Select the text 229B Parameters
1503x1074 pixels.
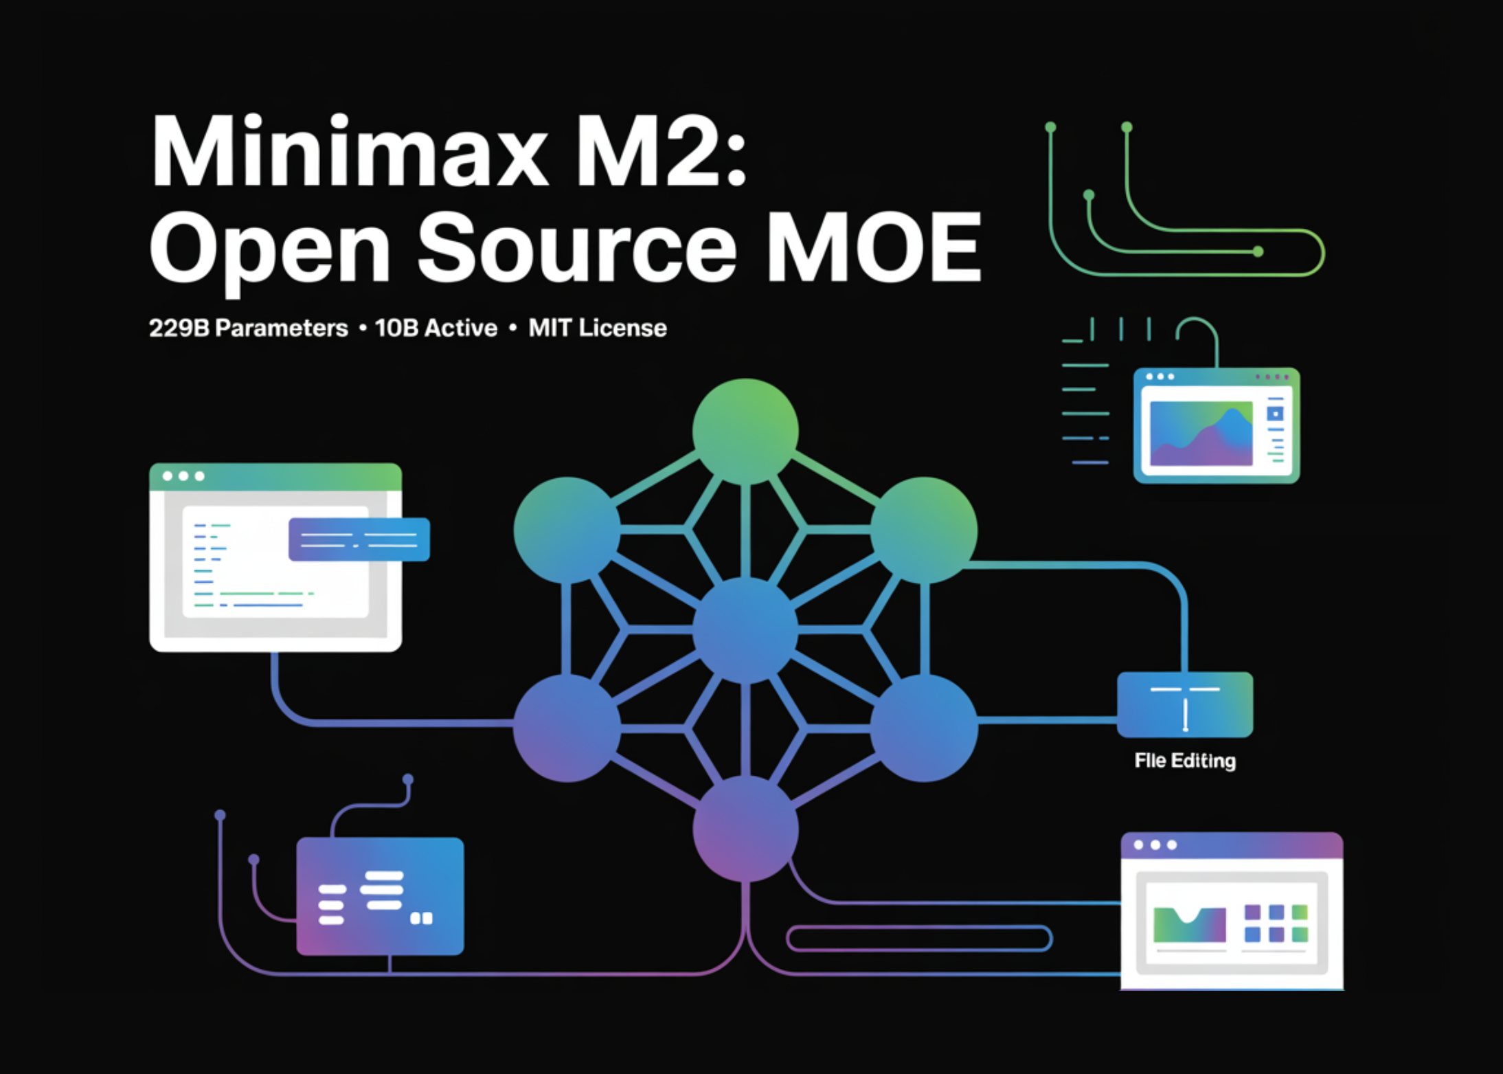point(248,328)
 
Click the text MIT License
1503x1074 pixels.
point(597,328)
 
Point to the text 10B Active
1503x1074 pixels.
point(436,328)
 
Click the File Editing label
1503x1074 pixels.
point(1185,761)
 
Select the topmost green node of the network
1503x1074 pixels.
point(745,431)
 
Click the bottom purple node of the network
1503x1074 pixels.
point(745,829)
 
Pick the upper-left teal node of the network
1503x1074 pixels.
point(567,530)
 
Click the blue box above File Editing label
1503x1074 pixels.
point(1185,704)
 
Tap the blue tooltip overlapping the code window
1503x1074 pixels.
point(359,539)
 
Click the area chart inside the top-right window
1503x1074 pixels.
point(1201,434)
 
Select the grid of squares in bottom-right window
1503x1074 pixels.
point(1276,923)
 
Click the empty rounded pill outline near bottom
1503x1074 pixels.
point(919,939)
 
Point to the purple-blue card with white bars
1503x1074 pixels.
point(380,896)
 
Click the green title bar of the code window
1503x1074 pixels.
point(275,476)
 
